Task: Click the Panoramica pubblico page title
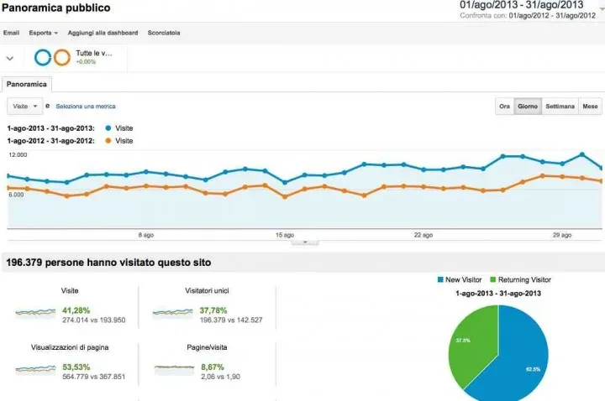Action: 55,8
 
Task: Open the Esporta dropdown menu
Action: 44,33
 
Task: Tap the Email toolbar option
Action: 11,33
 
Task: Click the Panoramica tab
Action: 27,84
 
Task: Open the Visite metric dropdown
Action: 24,107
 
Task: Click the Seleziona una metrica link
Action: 86,107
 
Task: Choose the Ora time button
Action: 504,107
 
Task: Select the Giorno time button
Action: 528,107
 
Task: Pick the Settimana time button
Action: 560,107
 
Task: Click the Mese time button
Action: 590,107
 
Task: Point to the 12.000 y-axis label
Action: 17,155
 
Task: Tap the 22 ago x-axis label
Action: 423,235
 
